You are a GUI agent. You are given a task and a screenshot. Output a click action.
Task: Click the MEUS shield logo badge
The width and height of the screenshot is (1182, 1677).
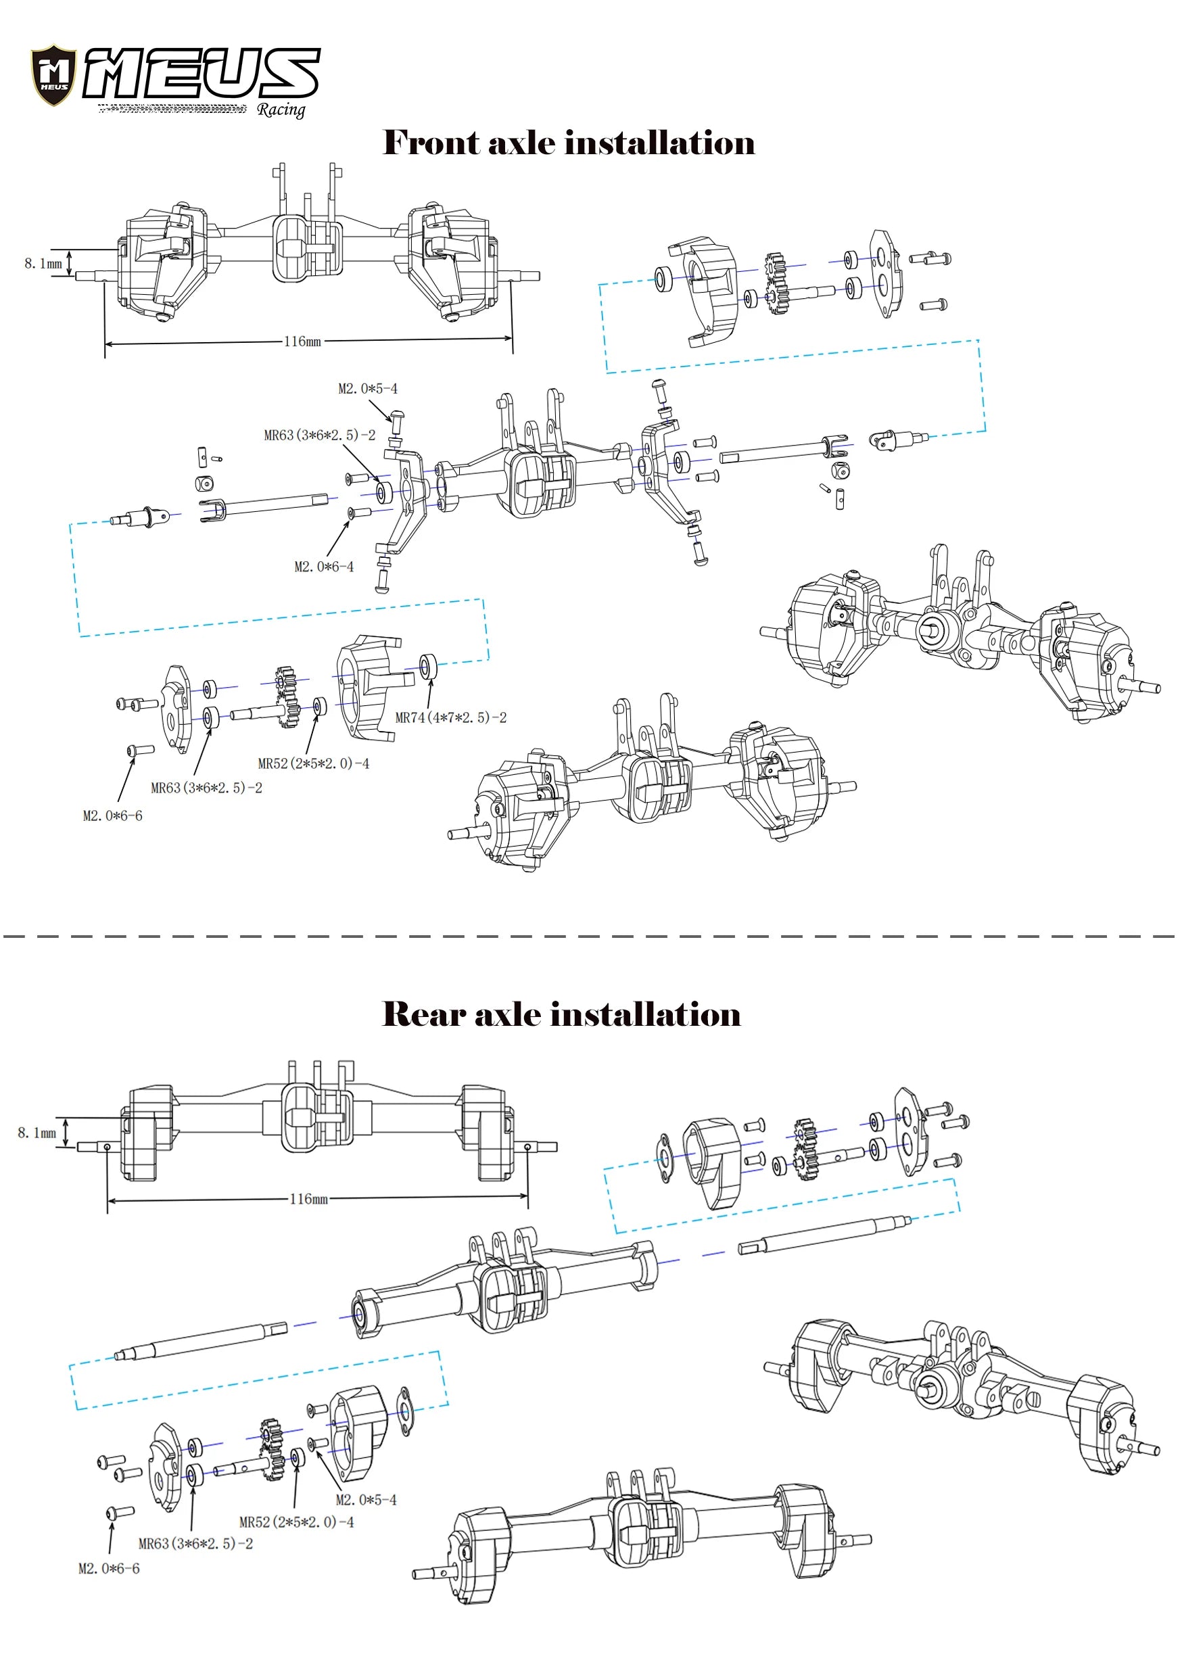(53, 74)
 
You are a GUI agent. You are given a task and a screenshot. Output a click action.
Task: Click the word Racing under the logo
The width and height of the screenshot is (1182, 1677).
(281, 110)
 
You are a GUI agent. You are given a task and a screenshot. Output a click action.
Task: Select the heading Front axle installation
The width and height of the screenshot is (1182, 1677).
(569, 142)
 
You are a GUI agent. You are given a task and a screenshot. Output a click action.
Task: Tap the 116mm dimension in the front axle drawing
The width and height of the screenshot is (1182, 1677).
(302, 341)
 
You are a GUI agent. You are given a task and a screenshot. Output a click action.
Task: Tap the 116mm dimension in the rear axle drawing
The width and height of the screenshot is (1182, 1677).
(308, 1199)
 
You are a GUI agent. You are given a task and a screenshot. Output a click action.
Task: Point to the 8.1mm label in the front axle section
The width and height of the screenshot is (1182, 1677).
(43, 263)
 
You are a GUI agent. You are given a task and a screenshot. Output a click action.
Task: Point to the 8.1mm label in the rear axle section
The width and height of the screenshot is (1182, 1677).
(37, 1133)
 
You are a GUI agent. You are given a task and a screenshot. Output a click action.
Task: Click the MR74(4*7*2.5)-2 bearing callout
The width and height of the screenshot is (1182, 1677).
(451, 718)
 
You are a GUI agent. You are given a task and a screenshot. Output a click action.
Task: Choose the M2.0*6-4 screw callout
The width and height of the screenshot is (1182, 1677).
(324, 567)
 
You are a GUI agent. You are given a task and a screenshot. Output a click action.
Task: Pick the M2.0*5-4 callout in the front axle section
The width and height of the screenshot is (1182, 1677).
(367, 389)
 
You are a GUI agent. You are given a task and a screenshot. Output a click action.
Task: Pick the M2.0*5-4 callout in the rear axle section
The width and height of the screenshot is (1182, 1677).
(366, 1500)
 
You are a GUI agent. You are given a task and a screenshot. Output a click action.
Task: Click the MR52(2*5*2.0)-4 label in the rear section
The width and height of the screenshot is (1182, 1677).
(297, 1522)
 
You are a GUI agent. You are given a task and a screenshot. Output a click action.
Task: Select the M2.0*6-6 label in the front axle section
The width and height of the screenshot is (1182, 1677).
(112, 816)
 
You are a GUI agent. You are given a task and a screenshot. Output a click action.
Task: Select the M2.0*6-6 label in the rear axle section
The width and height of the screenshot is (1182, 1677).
(109, 1568)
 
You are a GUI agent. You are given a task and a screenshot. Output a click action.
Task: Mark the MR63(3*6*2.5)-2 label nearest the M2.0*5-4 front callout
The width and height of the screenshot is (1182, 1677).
(319, 435)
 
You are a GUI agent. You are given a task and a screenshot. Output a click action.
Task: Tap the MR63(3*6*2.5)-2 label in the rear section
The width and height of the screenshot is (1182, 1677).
(196, 1543)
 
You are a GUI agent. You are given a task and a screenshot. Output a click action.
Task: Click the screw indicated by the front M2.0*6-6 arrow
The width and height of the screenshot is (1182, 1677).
(139, 750)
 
